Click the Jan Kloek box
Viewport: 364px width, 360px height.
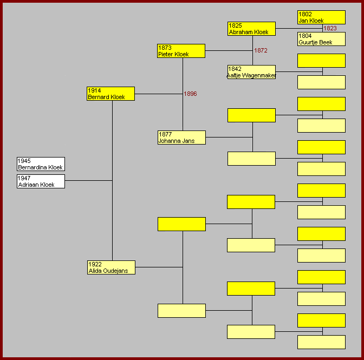pos(321,17)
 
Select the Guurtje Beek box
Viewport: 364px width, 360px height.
pos(321,39)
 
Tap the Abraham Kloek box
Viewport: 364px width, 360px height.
pos(251,29)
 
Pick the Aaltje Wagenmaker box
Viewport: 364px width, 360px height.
pos(251,72)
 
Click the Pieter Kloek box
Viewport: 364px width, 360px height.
pos(181,51)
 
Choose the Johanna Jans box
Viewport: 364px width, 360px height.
pos(181,138)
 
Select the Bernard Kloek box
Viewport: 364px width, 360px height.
pos(110,94)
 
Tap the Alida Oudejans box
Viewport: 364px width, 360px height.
pos(111,267)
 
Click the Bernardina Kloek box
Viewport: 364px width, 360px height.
pos(41,164)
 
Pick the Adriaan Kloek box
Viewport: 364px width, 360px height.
pos(41,181)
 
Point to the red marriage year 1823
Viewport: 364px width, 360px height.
pos(330,28)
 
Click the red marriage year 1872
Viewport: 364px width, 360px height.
pos(261,50)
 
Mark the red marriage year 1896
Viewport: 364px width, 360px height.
pos(190,94)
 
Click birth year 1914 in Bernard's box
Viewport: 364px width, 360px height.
pos(94,90)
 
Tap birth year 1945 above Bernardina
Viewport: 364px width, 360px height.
pos(24,161)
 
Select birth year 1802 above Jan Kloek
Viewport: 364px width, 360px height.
pos(305,14)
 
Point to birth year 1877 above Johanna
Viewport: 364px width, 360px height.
pos(165,134)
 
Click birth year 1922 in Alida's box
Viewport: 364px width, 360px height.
pos(95,264)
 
